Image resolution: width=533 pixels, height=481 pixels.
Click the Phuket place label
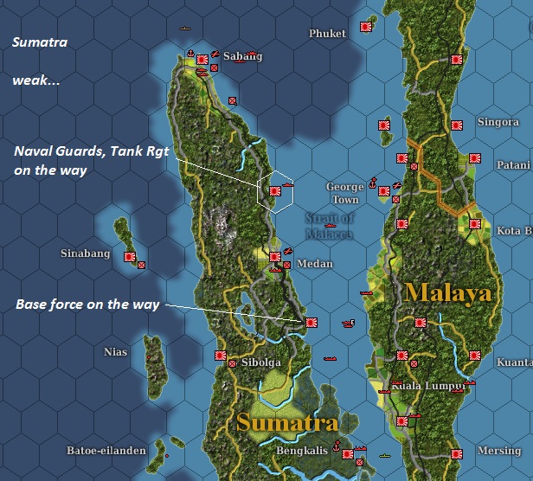(x=328, y=34)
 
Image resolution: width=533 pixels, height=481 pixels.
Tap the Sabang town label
(x=235, y=56)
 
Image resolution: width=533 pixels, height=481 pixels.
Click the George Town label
(x=344, y=193)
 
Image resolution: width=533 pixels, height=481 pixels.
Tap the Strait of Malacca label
(x=329, y=225)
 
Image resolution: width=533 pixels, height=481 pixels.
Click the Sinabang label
(x=85, y=253)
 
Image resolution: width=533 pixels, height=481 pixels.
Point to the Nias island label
(x=115, y=352)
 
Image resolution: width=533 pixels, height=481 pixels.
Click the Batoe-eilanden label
(x=102, y=451)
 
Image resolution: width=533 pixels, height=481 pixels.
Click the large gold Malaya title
(x=447, y=292)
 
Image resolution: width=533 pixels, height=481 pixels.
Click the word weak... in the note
(x=35, y=80)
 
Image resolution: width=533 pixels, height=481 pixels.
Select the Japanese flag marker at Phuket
(x=366, y=28)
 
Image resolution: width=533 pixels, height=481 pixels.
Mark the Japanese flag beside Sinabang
(x=129, y=257)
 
